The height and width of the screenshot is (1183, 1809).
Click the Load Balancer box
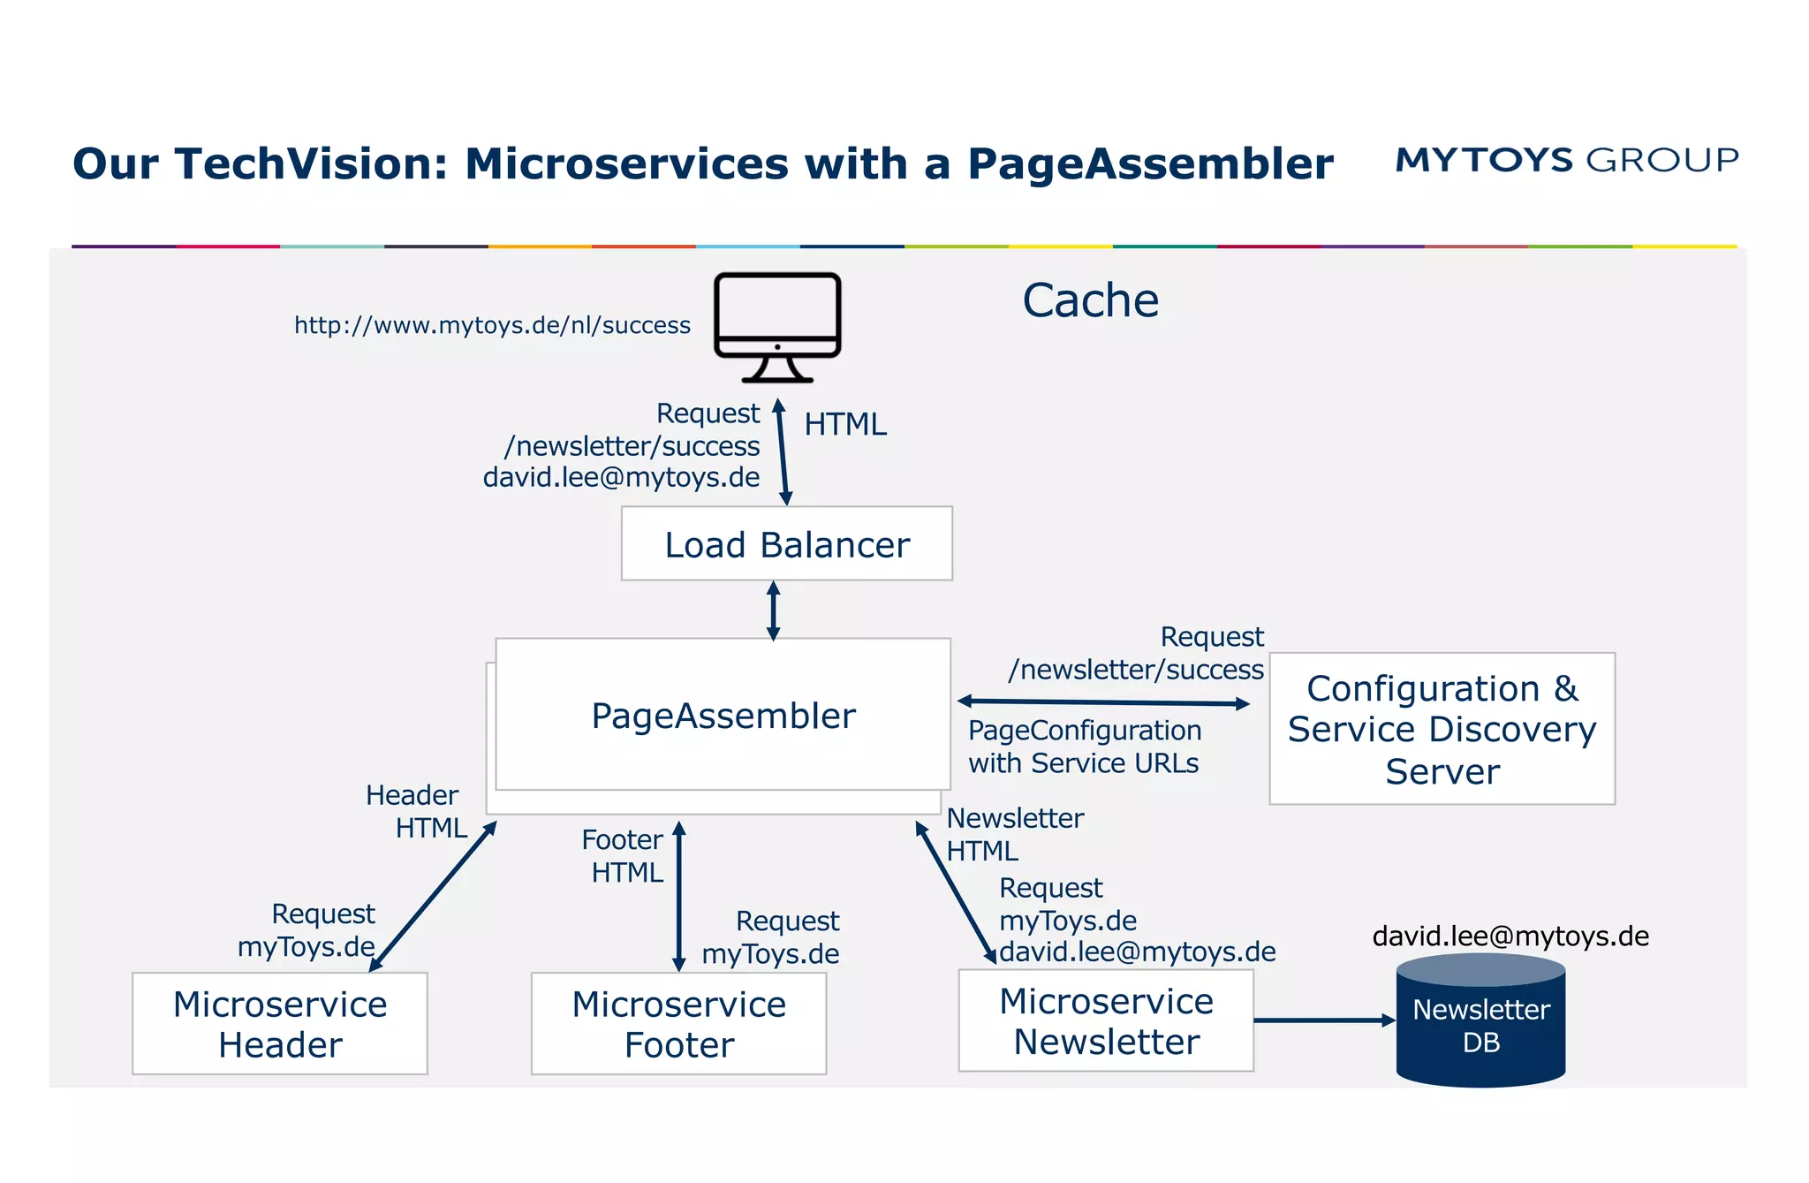coord(786,543)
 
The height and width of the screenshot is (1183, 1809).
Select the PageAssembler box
coord(723,715)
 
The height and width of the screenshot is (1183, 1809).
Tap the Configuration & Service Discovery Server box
coord(1442,729)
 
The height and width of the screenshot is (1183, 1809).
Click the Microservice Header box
coord(279,1023)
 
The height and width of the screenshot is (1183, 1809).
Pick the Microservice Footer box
coord(678,1023)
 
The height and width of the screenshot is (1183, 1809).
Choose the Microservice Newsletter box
coord(1106,1020)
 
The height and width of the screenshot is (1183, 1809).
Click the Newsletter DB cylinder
coord(1480,1025)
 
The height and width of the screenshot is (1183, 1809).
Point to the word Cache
coord(1090,300)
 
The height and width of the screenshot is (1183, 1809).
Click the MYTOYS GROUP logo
coord(1566,160)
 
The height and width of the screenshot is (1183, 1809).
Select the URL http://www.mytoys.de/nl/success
coord(492,325)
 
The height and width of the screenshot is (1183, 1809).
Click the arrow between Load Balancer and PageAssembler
coord(773,610)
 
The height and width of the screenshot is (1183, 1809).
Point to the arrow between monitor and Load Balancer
coord(782,452)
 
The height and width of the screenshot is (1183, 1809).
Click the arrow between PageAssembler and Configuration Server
coord(1103,702)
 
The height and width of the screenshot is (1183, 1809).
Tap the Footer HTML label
coord(624,855)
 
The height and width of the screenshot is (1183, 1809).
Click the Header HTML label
coord(417,811)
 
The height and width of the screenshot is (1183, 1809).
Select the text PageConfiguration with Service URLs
coord(1084,747)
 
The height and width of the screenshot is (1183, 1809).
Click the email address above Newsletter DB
coord(1510,936)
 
